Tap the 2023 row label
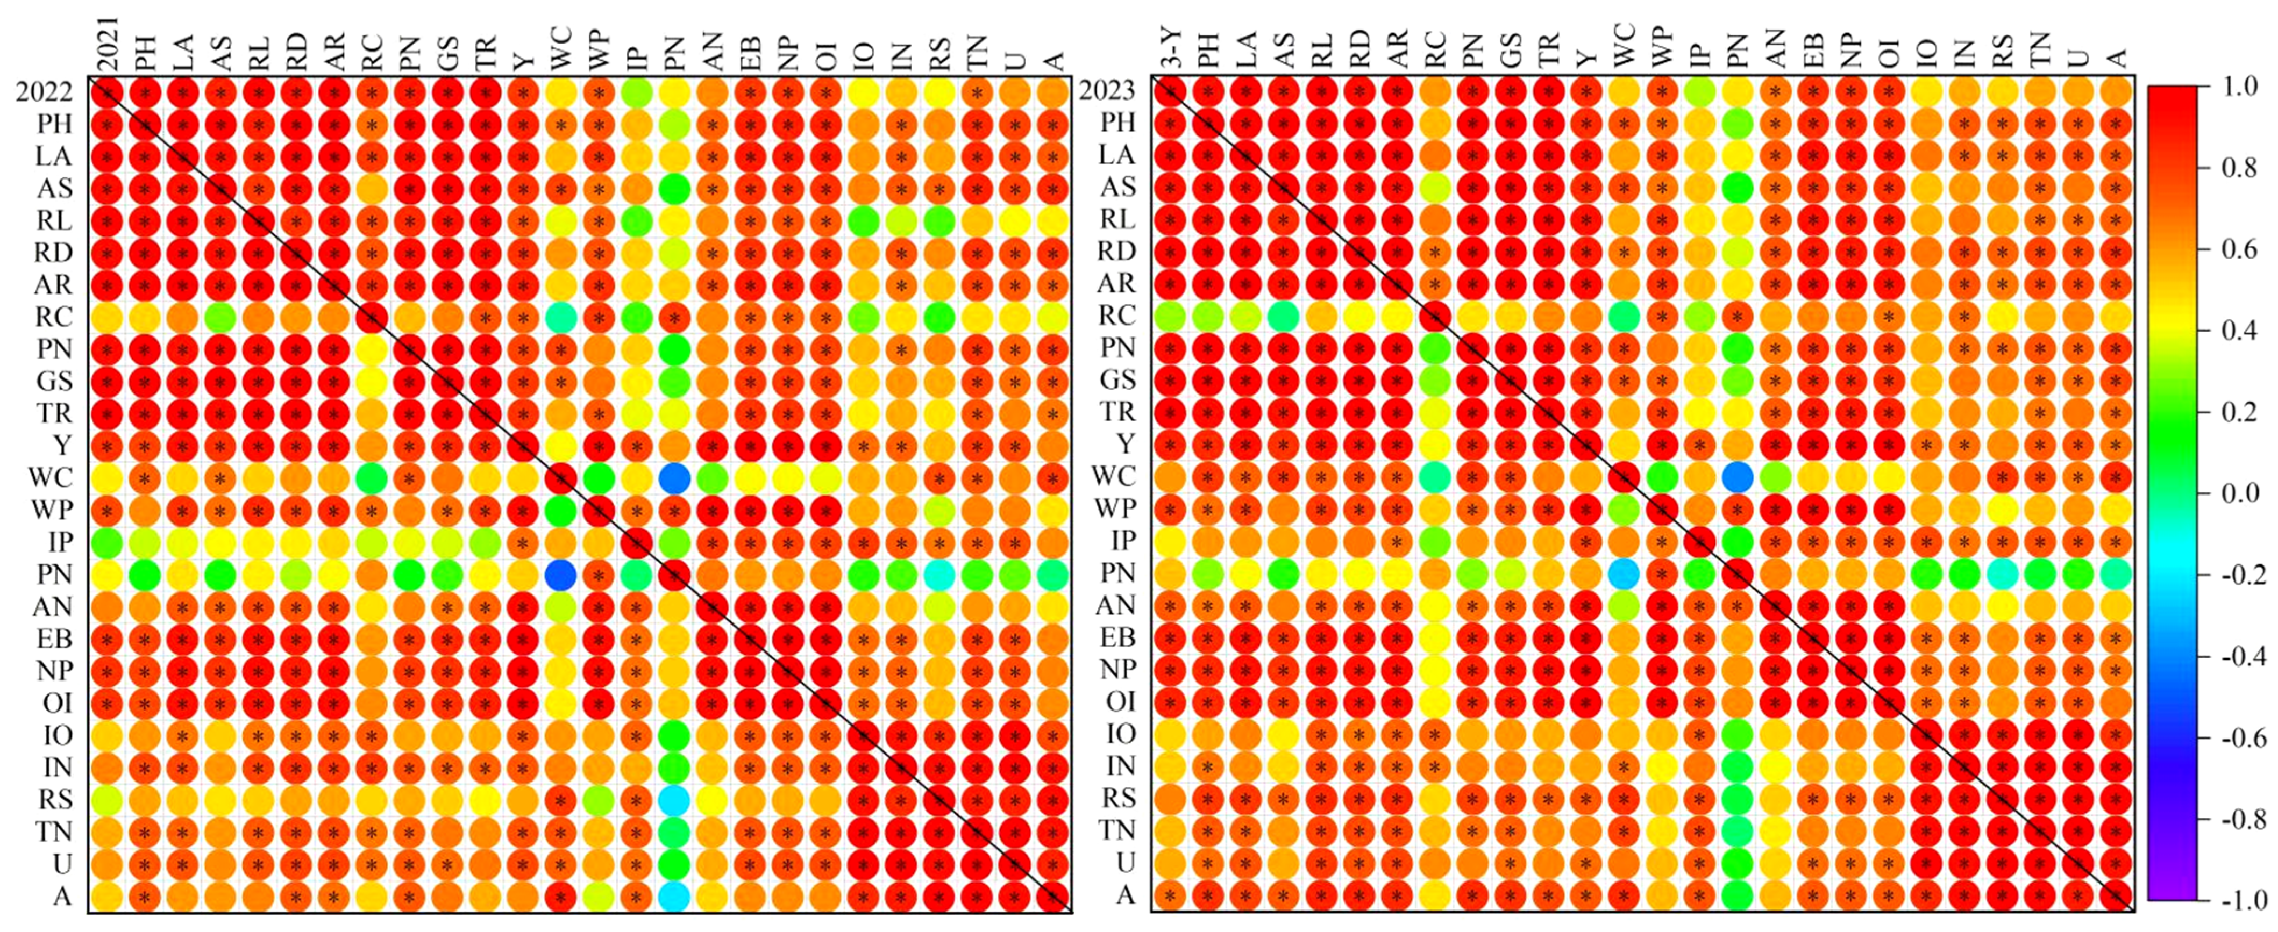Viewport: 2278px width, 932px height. click(x=1107, y=91)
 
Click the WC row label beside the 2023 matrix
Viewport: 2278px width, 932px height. click(x=1113, y=477)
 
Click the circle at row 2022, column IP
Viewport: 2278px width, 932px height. click(x=637, y=92)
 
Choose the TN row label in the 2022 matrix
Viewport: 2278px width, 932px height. click(x=54, y=831)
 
